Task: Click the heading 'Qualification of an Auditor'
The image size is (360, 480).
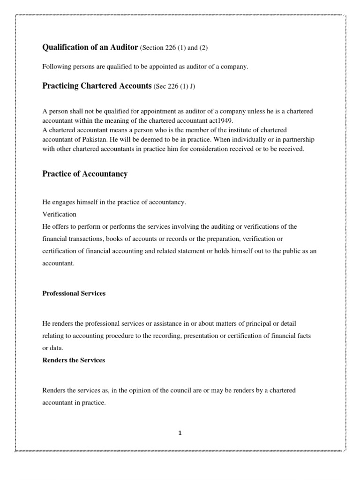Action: [x=90, y=47]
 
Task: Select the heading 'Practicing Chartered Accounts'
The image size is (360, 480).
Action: [x=97, y=86]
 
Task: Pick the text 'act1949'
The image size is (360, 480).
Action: [x=221, y=120]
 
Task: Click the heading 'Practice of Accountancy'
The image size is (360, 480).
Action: [x=85, y=174]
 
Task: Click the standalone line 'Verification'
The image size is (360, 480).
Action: [x=59, y=214]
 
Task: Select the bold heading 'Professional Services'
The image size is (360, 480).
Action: [x=74, y=293]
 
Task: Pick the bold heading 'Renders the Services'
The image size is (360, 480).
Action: [x=74, y=360]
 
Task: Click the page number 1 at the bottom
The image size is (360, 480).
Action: [x=180, y=433]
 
